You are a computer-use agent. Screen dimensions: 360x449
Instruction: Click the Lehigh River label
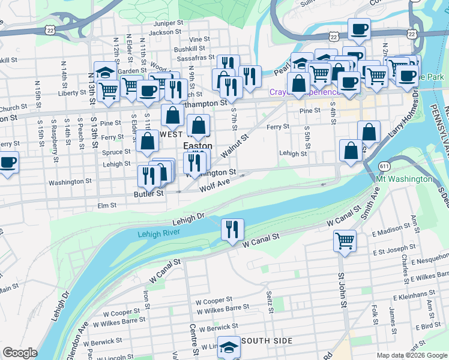pos(160,234)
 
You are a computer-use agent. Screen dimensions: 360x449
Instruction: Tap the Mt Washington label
pos(403,179)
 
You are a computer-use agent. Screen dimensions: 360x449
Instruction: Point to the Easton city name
pos(197,146)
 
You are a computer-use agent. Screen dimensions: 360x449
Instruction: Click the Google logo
pos(20,353)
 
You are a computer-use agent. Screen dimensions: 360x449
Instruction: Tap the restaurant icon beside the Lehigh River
pos(232,229)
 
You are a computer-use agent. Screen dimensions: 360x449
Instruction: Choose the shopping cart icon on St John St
pos(345,241)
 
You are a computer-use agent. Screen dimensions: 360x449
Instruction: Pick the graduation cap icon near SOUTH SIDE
pos(229,347)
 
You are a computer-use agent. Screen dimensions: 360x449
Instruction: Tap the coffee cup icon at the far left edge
pos(7,162)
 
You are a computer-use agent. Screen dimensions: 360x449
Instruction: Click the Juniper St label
pos(167,23)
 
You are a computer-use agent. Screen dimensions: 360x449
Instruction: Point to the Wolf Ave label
pos(215,187)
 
